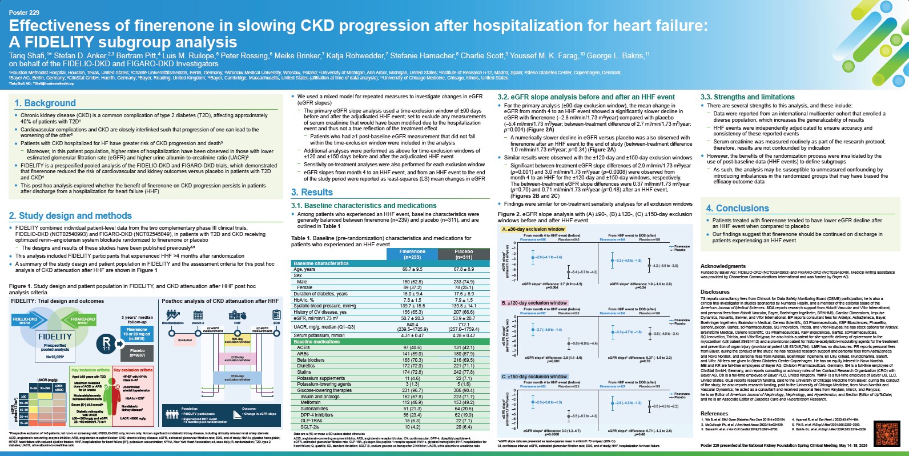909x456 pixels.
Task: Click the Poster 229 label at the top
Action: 23,11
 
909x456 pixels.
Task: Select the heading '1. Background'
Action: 45,103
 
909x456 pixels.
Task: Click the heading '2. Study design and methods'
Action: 70,215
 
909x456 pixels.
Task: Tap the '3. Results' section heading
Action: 312,193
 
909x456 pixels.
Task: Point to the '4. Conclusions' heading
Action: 737,209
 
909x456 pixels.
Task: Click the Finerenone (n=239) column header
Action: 412,254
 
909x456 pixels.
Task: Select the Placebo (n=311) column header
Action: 464,254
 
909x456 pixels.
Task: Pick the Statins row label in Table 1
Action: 304,372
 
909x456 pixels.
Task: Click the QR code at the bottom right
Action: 887,434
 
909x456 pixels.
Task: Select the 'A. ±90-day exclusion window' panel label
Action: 533,230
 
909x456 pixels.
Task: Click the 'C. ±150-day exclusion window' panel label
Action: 534,377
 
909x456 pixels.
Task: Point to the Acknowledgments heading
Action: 723,266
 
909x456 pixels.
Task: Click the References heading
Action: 714,414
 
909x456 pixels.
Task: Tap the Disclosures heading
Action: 715,292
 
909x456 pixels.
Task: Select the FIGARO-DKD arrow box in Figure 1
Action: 82,320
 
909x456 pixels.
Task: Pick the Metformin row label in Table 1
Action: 311,402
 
